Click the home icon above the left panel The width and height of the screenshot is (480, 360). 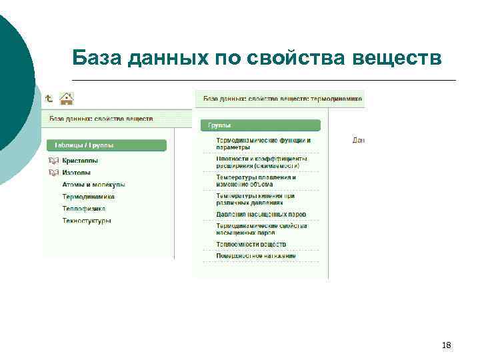67,99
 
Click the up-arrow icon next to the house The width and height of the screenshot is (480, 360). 49,98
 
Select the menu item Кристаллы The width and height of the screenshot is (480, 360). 80,161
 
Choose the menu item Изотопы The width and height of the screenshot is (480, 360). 77,173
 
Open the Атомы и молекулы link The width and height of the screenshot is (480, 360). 93,185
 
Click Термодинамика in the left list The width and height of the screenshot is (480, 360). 89,197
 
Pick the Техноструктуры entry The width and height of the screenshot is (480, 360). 87,221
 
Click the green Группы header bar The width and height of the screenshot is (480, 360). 260,125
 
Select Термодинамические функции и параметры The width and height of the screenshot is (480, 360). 263,143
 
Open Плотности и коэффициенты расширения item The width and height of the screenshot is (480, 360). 261,162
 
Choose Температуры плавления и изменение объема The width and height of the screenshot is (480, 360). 257,181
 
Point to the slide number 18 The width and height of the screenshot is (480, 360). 447,345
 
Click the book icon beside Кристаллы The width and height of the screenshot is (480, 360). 53,161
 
